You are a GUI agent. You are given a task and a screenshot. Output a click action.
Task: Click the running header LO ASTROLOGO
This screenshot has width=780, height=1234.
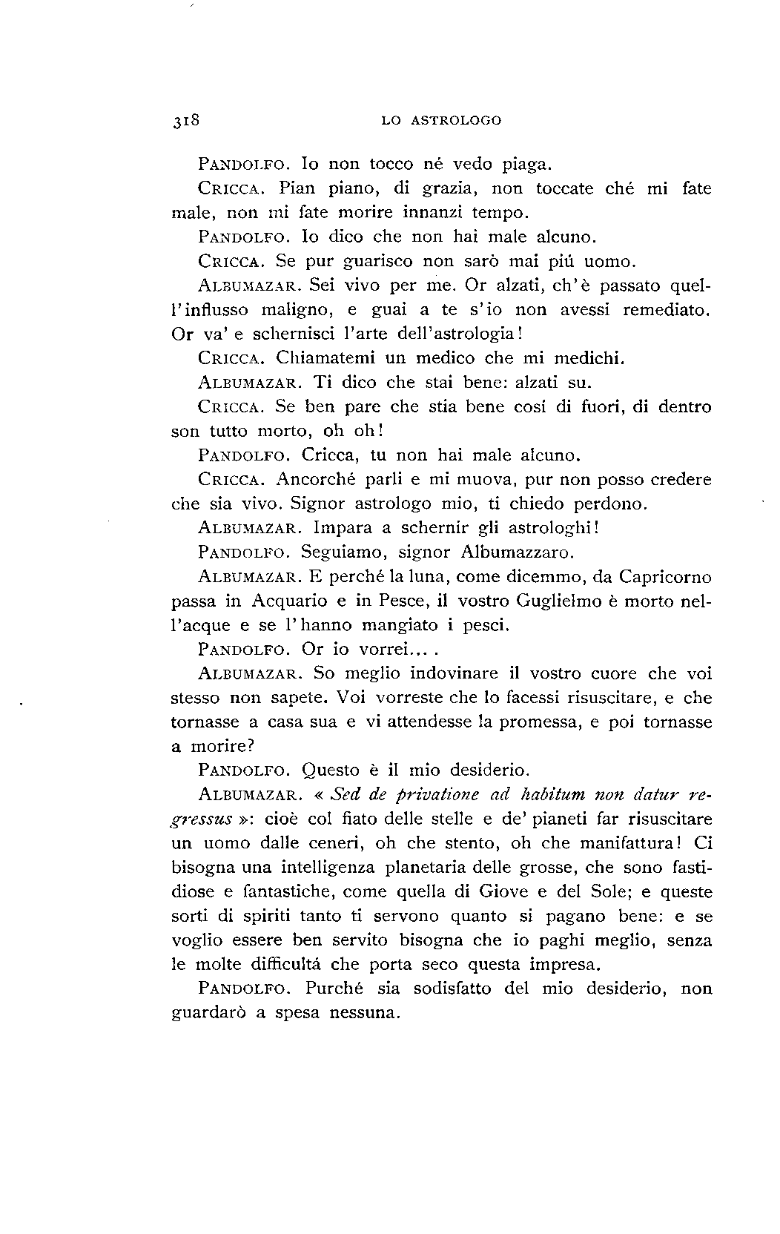point(441,120)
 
